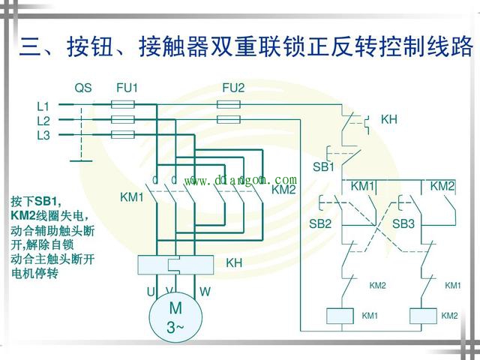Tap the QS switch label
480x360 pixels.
(x=83, y=88)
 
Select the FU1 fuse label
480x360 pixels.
(x=127, y=88)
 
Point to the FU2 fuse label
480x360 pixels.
(x=233, y=88)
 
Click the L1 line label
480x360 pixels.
(x=43, y=106)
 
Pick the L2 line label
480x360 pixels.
(x=43, y=121)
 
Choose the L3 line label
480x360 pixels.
(x=43, y=136)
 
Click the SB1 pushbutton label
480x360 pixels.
(x=323, y=166)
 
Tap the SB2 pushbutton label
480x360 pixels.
(x=320, y=223)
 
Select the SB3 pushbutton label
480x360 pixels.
(x=403, y=223)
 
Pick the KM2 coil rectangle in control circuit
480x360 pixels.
(x=424, y=316)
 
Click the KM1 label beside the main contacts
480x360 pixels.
(x=131, y=197)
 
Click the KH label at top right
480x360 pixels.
(x=388, y=119)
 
